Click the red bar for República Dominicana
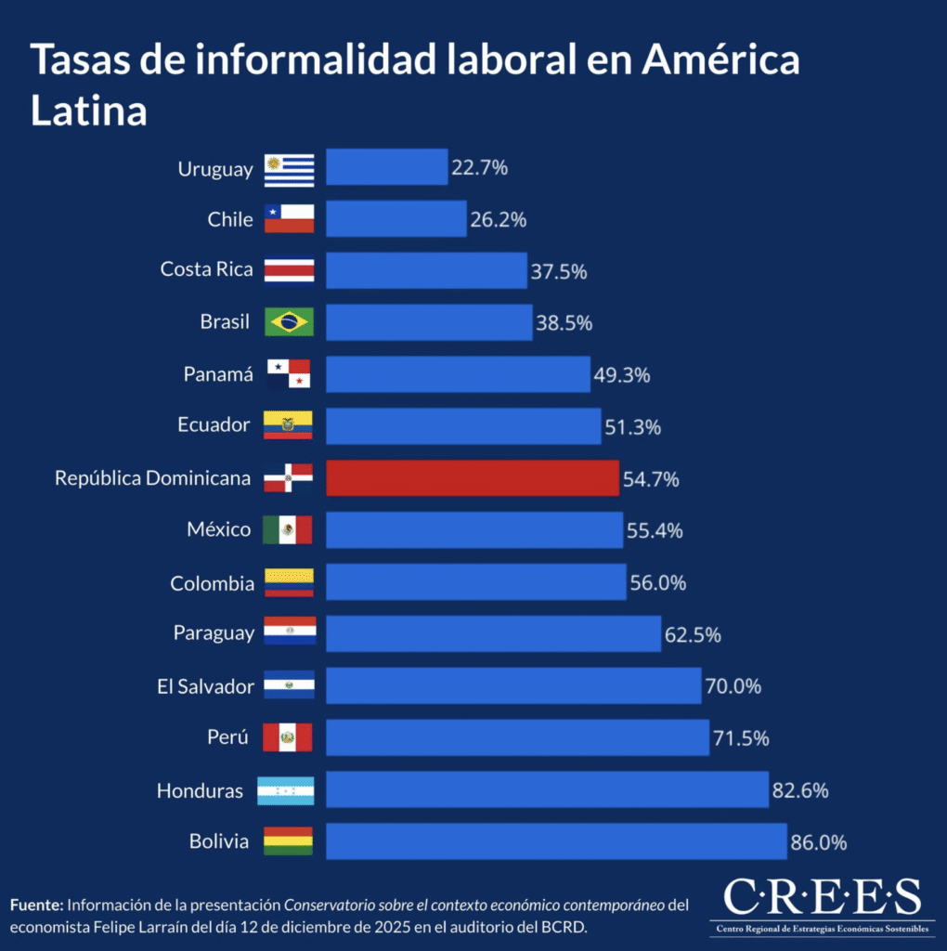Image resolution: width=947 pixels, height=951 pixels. click(472, 477)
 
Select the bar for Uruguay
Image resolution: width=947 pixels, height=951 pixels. click(386, 167)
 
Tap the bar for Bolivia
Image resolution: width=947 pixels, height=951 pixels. click(555, 840)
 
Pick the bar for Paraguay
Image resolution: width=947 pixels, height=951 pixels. click(493, 633)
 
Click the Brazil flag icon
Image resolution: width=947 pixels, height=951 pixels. click(289, 322)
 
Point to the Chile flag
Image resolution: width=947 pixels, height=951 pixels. click(289, 219)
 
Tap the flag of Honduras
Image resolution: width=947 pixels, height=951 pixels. click(286, 790)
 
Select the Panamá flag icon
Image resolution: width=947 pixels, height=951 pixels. click(289, 374)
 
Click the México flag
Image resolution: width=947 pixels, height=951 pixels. click(288, 530)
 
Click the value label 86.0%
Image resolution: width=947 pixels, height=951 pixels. click(819, 842)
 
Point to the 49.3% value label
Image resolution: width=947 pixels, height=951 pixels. click(622, 376)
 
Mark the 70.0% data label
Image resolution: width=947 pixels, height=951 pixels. click(733, 687)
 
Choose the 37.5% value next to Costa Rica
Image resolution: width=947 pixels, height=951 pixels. click(559, 272)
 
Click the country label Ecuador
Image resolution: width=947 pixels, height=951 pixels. click(214, 425)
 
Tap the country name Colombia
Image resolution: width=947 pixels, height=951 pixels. click(212, 584)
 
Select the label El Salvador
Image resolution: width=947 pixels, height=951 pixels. click(205, 687)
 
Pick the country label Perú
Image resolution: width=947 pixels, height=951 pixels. click(227, 738)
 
